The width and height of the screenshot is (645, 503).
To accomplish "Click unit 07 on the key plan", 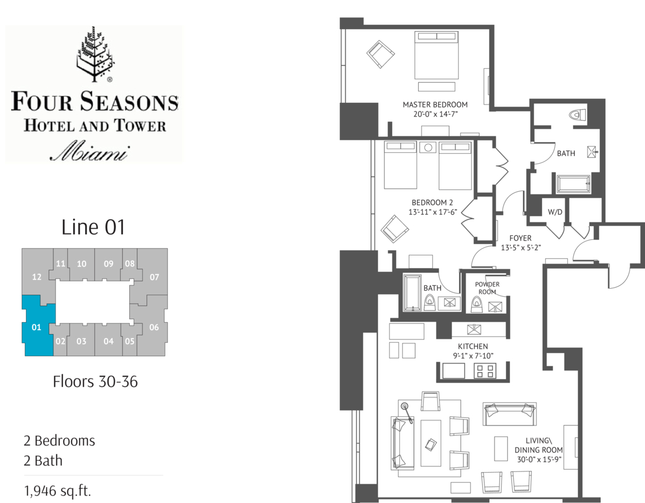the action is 155,277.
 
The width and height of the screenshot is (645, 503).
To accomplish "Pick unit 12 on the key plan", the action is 37,277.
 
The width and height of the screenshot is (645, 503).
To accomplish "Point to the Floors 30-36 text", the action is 95,382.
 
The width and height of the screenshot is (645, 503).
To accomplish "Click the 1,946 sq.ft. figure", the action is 57,491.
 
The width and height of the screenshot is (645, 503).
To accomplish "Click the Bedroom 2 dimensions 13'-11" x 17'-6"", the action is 432,212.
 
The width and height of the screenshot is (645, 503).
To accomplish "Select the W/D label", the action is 555,212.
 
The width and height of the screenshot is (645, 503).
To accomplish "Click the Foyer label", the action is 520,238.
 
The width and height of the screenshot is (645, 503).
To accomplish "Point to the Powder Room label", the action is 488,288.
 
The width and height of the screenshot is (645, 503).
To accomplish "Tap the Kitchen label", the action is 473,346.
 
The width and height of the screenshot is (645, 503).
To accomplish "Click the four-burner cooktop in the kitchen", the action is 485,371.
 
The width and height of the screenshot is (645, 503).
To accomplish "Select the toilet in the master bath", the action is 578,114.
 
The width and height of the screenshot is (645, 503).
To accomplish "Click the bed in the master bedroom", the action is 437,56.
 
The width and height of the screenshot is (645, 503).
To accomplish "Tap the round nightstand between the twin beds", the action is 428,147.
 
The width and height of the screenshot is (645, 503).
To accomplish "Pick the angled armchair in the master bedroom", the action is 380,55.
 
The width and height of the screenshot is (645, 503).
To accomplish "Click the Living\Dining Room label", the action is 539,450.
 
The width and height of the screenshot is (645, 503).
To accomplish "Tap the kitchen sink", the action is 474,330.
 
